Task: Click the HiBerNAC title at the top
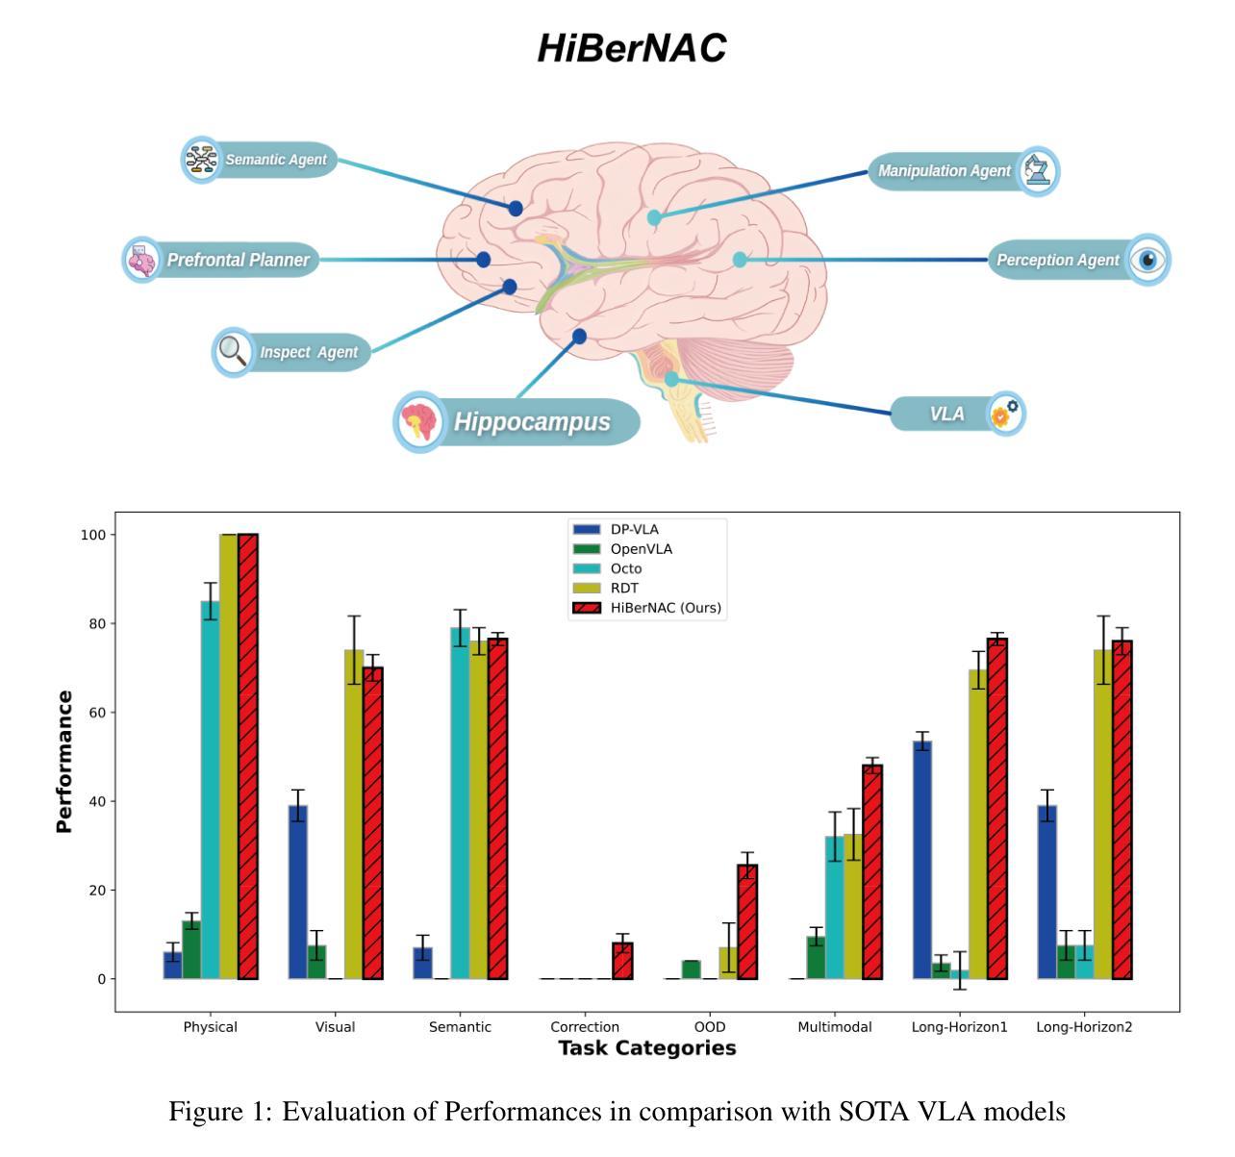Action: [x=632, y=48]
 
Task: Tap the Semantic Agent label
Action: [x=260, y=160]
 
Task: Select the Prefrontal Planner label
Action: [x=221, y=260]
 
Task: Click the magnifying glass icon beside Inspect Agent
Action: [x=233, y=351]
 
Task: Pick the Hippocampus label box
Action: [x=517, y=422]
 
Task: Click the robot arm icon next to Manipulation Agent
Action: [x=1037, y=171]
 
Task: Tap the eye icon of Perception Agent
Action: [x=1147, y=260]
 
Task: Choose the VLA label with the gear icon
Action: [x=958, y=414]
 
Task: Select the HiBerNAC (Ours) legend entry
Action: [x=646, y=608]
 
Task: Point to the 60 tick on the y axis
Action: [x=98, y=713]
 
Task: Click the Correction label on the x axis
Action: [x=585, y=1027]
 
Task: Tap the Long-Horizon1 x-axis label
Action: [x=959, y=1027]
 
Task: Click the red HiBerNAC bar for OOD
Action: [x=746, y=922]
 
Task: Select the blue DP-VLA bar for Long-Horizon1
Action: [x=922, y=860]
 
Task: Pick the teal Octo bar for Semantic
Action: [x=460, y=803]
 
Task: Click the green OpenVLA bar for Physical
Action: [x=191, y=950]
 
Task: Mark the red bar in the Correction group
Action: [x=622, y=961]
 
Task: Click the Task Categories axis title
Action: [x=646, y=1048]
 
